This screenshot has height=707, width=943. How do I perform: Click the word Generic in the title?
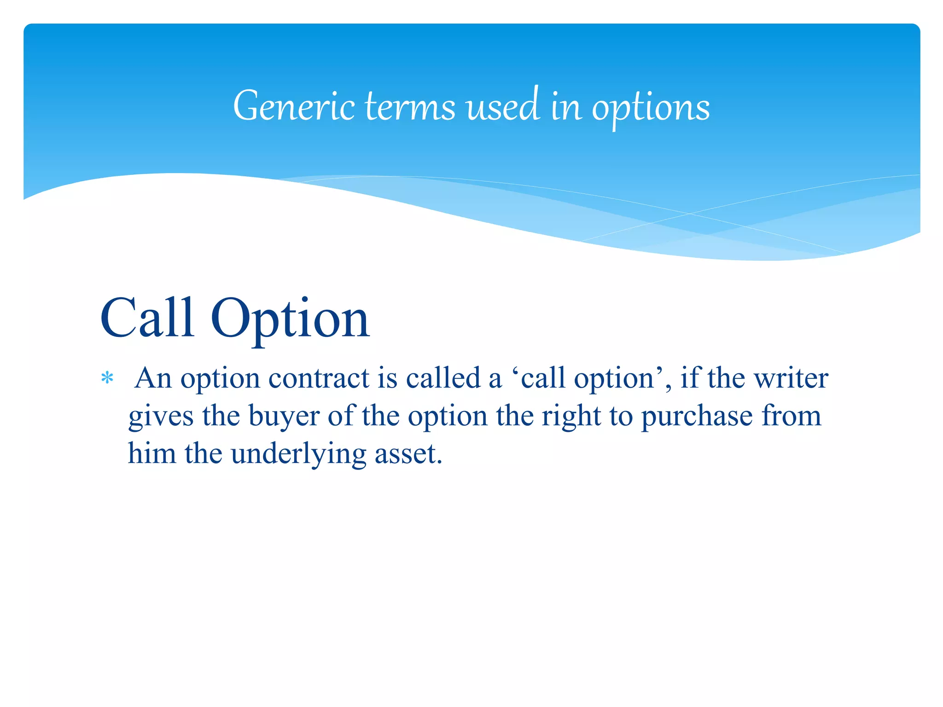pyautogui.click(x=294, y=107)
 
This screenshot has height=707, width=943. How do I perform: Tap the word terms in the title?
pyautogui.click(x=410, y=107)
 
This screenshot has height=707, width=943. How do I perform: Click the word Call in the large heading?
pyautogui.click(x=147, y=318)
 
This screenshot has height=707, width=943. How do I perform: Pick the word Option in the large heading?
pyautogui.click(x=290, y=320)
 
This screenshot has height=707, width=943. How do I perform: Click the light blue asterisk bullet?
pyautogui.click(x=107, y=378)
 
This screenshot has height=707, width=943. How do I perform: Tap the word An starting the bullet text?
pyautogui.click(x=153, y=378)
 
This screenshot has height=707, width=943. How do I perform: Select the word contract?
pyautogui.click(x=319, y=378)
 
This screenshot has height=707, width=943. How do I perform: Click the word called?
pyautogui.click(x=442, y=378)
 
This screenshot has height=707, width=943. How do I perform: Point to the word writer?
pyautogui.click(x=791, y=378)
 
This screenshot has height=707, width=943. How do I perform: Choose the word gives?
pyautogui.click(x=161, y=417)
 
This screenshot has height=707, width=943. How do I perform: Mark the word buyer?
pyautogui.click(x=284, y=417)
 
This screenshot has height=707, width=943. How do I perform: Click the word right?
pyautogui.click(x=571, y=417)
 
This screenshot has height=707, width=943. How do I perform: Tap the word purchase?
pyautogui.click(x=697, y=417)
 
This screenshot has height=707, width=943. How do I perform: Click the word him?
pyautogui.click(x=151, y=453)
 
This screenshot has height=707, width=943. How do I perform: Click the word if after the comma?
pyautogui.click(x=689, y=378)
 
